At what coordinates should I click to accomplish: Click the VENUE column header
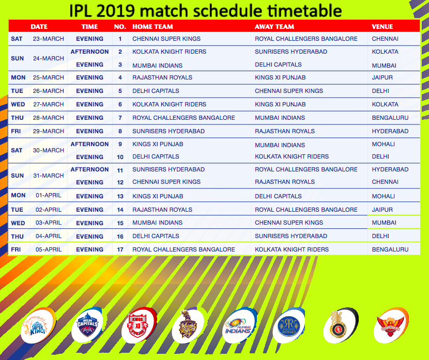pyautogui.click(x=382, y=26)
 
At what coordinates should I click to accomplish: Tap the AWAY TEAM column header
pyautogui.click(x=274, y=26)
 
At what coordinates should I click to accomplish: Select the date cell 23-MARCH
pyautogui.click(x=49, y=39)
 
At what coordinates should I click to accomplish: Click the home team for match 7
pyautogui.click(x=183, y=118)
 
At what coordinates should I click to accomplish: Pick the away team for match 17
pyautogui.click(x=292, y=249)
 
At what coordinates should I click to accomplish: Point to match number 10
pyautogui.click(x=120, y=157)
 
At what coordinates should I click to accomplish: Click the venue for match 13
pyautogui.click(x=384, y=196)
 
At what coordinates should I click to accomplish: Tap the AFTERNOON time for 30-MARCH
pyautogui.click(x=90, y=144)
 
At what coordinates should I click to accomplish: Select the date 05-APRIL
pyautogui.click(x=49, y=249)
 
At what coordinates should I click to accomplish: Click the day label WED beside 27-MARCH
pyautogui.click(x=18, y=104)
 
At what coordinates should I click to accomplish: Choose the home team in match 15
pyautogui.click(x=157, y=223)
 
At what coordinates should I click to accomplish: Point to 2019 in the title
pyautogui.click(x=115, y=11)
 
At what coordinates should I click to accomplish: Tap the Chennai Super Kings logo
pyautogui.click(x=38, y=325)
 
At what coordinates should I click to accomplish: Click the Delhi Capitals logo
pyautogui.click(x=87, y=325)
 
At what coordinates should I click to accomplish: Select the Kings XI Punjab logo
pyautogui.click(x=139, y=325)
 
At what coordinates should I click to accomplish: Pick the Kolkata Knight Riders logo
pyautogui.click(x=188, y=325)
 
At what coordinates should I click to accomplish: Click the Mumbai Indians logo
pyautogui.click(x=239, y=325)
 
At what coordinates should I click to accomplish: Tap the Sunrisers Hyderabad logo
pyautogui.click(x=391, y=325)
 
